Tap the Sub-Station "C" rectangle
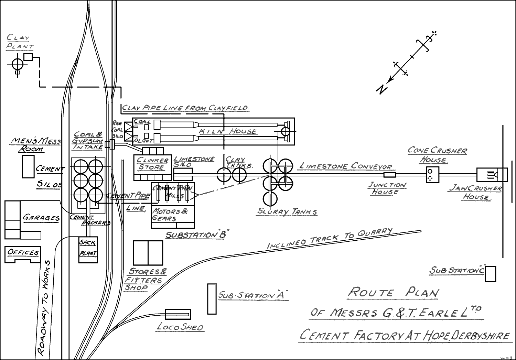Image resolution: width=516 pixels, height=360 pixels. (x=491, y=274)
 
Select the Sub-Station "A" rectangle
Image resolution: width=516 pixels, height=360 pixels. (x=212, y=299)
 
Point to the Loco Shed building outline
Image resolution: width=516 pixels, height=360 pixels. (x=178, y=314)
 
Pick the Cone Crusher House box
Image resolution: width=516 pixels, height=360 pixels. (x=433, y=175)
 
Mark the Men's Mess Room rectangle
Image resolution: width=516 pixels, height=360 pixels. (x=28, y=166)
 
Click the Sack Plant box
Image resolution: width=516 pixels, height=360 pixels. (x=88, y=250)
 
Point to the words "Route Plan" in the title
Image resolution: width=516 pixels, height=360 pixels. (x=394, y=293)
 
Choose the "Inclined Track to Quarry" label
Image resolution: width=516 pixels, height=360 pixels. (x=330, y=238)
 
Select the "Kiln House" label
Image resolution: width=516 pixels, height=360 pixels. (x=228, y=131)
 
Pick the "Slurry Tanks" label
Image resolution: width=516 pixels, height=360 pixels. (x=287, y=211)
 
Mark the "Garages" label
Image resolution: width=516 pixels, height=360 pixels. (x=41, y=218)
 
